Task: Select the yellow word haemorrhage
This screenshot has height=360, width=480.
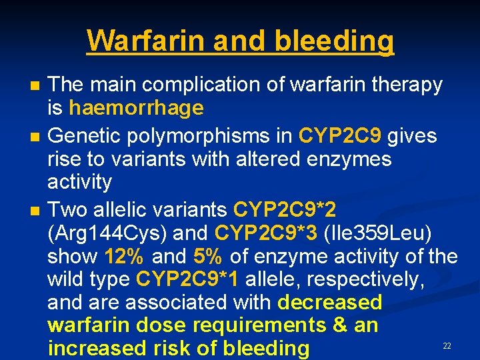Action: [x=136, y=107]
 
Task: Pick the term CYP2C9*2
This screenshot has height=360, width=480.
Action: [x=285, y=209]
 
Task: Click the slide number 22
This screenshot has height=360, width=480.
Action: [x=447, y=346]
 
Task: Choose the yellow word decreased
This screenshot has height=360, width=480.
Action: [x=330, y=302]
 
